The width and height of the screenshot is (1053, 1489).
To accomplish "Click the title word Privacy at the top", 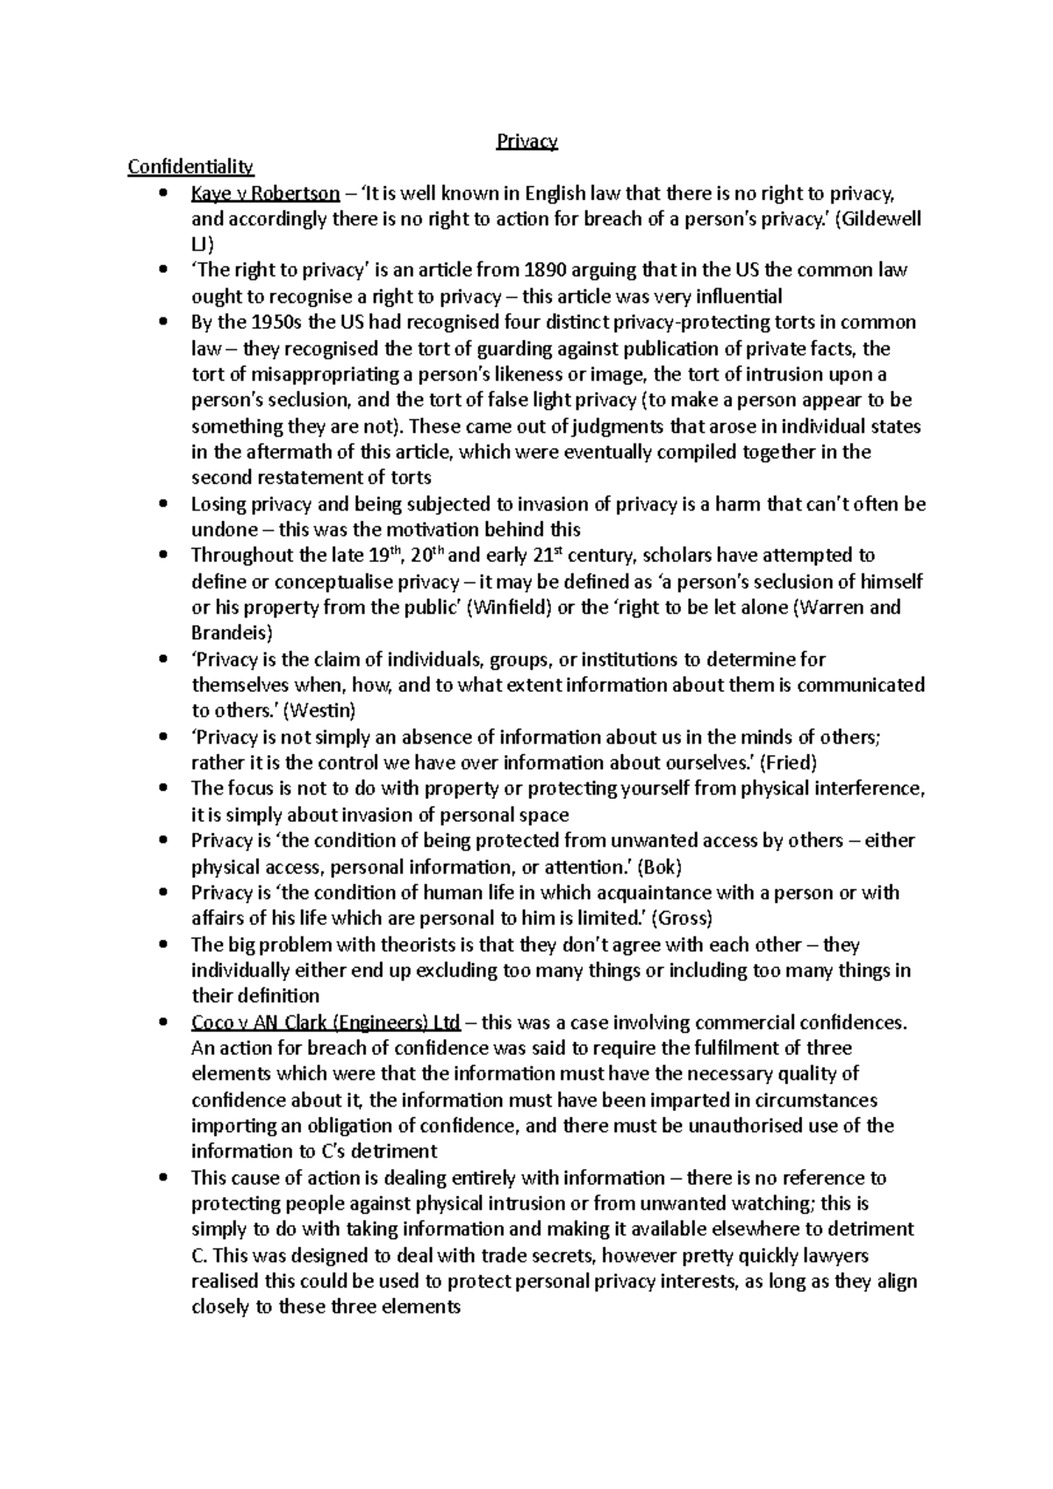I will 526,141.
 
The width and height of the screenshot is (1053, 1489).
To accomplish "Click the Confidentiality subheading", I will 190,167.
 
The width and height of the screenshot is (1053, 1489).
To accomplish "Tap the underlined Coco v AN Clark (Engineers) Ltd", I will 326,1022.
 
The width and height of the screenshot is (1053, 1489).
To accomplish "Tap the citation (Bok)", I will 658,867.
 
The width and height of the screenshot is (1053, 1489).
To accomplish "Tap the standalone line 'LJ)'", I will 202,245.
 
